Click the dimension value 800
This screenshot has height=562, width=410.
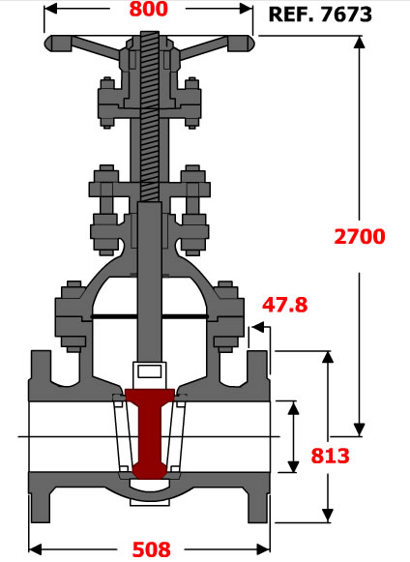click(x=148, y=9)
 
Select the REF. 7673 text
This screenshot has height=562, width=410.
click(x=320, y=15)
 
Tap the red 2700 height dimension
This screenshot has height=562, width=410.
click(x=360, y=237)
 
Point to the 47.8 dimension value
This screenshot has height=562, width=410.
click(x=285, y=305)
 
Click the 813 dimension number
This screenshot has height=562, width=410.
click(x=330, y=456)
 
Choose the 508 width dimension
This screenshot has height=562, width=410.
click(x=152, y=549)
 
